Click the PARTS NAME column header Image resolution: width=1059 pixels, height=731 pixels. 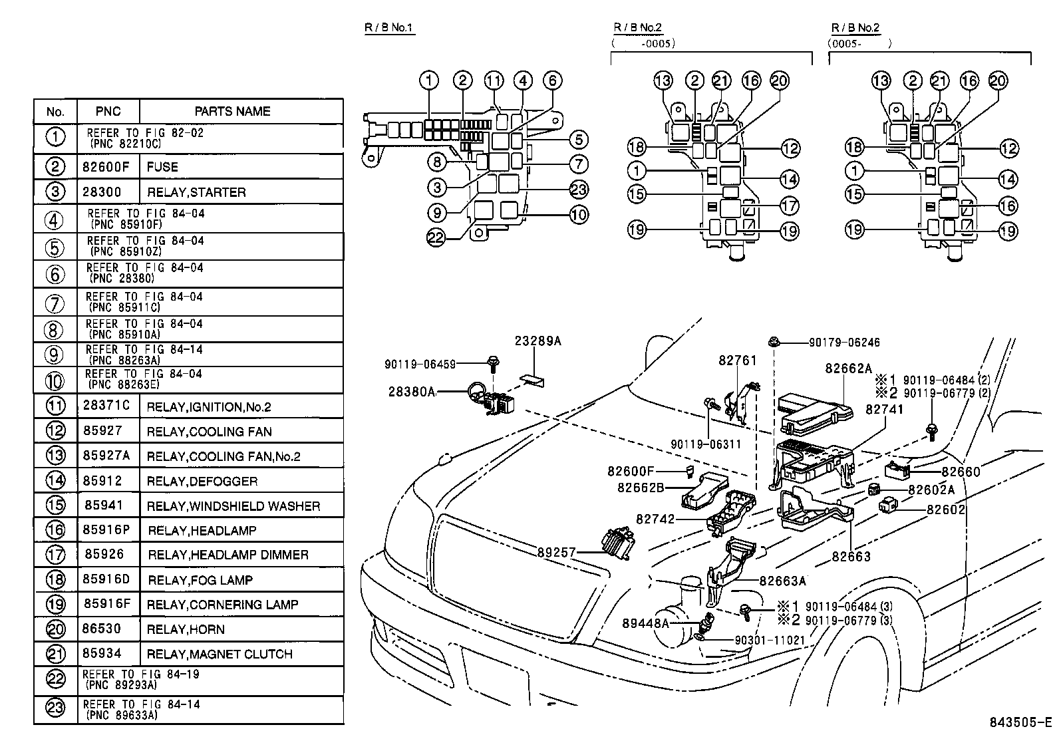(232, 111)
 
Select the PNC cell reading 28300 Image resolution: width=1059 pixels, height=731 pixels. (102, 192)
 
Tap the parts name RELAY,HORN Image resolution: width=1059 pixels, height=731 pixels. (186, 629)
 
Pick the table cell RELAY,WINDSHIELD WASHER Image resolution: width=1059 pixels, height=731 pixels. (233, 506)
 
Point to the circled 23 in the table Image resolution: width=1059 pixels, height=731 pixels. (55, 709)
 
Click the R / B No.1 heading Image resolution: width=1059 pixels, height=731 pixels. (389, 28)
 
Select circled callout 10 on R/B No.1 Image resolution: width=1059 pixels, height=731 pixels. (578, 214)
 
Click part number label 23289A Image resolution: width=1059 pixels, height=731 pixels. (537, 341)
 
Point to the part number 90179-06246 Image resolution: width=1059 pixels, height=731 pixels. (844, 343)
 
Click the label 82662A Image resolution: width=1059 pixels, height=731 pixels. (848, 368)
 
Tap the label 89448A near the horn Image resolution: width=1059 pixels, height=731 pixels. (645, 623)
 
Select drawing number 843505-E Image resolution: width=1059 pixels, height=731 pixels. (1020, 722)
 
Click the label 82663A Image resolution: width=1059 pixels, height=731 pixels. (782, 581)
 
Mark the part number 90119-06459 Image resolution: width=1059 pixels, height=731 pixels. (420, 364)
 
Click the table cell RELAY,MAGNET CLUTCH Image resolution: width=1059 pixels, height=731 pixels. (220, 654)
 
